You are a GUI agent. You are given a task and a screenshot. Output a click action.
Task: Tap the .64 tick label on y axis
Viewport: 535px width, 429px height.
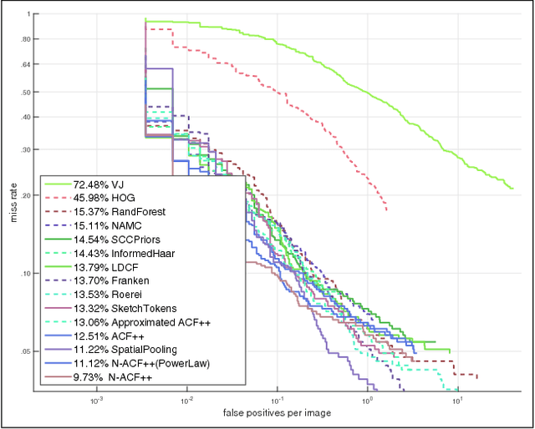(x=26, y=64)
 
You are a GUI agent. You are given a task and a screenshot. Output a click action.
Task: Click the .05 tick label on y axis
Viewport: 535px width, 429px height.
(x=26, y=351)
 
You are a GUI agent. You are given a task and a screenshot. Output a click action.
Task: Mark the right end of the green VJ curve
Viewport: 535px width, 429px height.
(x=512, y=189)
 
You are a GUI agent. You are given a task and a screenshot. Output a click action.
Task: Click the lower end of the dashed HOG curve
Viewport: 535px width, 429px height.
(x=386, y=209)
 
